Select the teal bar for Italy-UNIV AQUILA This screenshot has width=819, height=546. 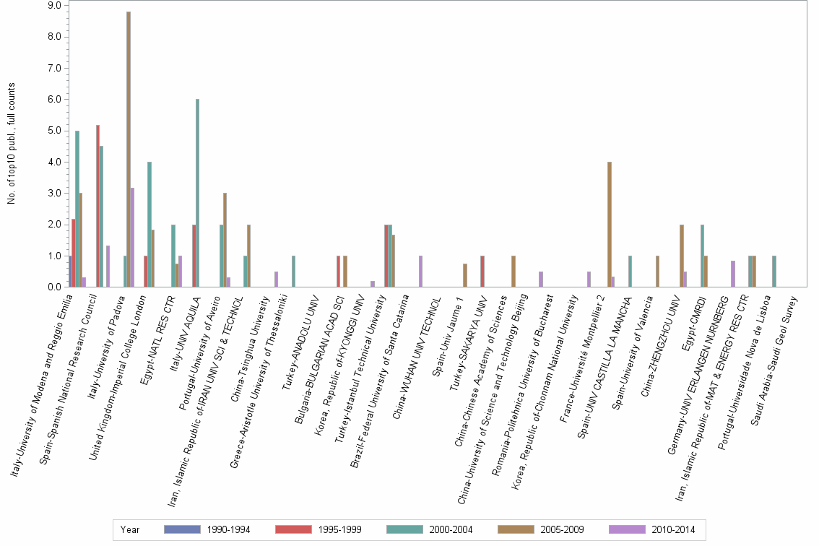[x=197, y=193]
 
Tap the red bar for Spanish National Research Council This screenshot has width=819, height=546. [x=97, y=206]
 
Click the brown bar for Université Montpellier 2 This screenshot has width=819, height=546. [x=610, y=225]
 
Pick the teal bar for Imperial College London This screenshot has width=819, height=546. [x=149, y=225]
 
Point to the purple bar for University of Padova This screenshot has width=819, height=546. [x=133, y=238]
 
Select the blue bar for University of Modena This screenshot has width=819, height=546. [x=69, y=272]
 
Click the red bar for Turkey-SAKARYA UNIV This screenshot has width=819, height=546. [x=482, y=272]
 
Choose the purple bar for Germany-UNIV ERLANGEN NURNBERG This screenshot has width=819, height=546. [x=733, y=274]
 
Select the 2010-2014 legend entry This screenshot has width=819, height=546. [x=651, y=529]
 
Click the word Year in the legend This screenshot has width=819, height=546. [x=130, y=529]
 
